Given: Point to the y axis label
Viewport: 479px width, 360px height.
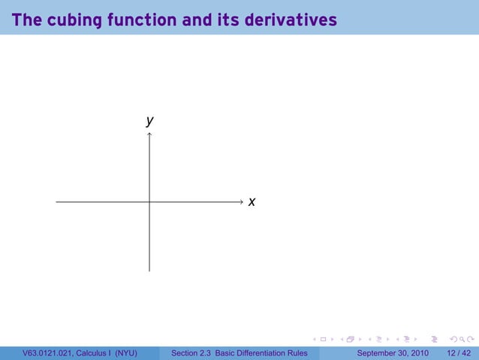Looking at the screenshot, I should tap(150, 120).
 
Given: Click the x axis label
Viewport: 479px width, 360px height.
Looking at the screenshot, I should tap(252, 201).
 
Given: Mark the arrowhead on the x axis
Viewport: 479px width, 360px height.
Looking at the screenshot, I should tap(239, 201).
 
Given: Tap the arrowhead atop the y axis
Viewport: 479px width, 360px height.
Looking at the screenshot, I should tap(149, 135).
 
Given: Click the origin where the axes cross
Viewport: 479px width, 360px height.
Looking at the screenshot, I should tap(149, 201).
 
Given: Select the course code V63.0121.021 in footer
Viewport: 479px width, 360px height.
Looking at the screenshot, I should tap(48, 352).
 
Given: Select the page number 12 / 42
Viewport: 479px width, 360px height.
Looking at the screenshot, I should tap(459, 352).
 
